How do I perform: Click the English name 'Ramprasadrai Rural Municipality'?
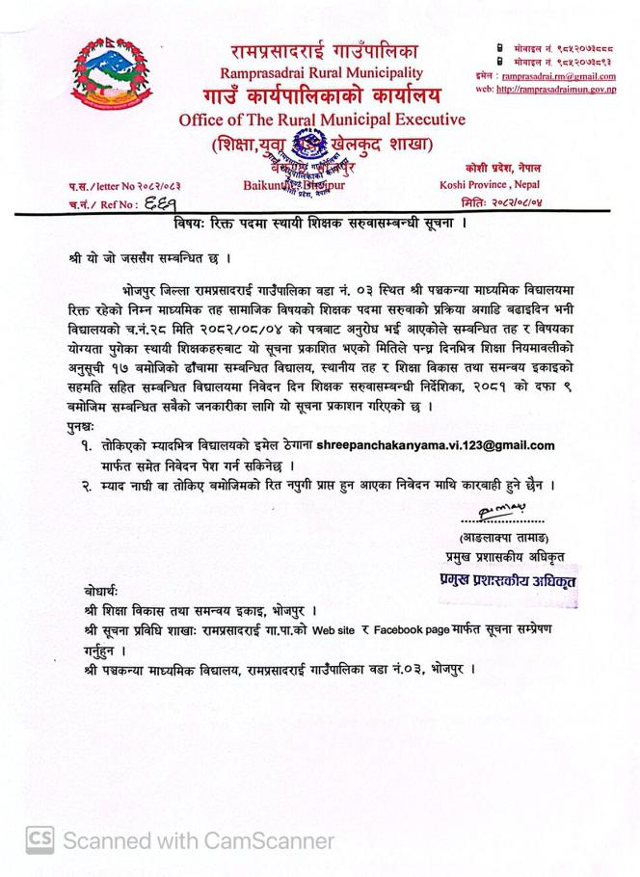[321, 72]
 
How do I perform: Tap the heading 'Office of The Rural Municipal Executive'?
[322, 120]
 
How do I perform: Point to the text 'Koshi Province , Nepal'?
[490, 184]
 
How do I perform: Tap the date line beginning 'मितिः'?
[501, 202]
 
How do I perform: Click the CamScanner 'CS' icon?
[40, 840]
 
